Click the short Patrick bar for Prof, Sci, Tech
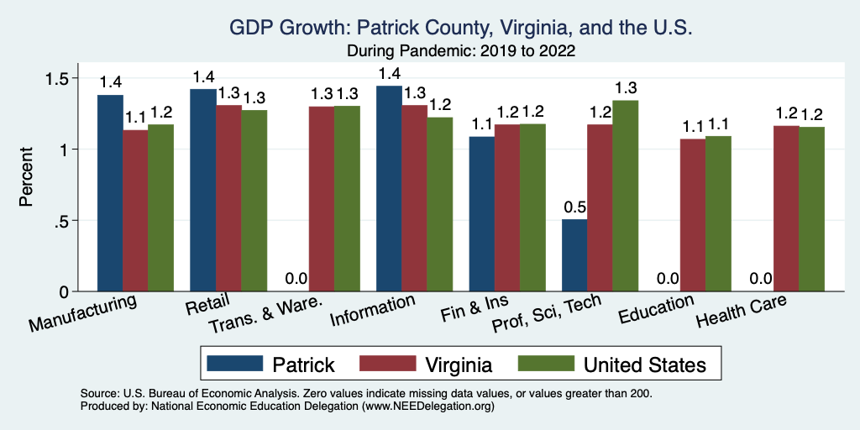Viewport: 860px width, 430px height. [574, 255]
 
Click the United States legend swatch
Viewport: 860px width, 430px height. [545, 364]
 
